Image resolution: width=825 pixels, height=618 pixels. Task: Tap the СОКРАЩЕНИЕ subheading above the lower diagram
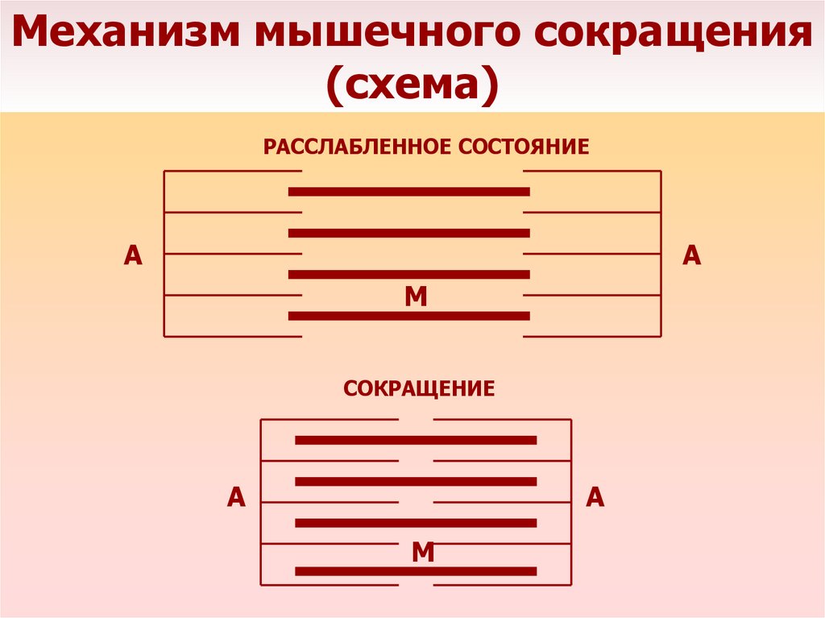[419, 389]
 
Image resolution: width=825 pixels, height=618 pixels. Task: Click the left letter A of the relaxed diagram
[133, 255]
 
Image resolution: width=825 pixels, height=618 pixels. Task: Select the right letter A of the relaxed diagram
[691, 255]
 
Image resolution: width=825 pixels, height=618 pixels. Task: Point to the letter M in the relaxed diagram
[416, 297]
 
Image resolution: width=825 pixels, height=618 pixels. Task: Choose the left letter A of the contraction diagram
[235, 497]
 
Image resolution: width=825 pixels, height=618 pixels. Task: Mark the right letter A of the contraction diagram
[595, 497]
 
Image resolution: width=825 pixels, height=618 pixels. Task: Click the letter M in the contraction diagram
[423, 552]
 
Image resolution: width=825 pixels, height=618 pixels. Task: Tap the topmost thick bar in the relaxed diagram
[409, 192]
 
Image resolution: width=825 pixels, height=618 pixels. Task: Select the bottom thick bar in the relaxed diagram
[409, 316]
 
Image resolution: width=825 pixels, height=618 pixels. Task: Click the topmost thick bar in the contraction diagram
[416, 440]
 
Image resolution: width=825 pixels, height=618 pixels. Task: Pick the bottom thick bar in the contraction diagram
[416, 571]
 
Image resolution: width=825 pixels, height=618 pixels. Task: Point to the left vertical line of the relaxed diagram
[164, 254]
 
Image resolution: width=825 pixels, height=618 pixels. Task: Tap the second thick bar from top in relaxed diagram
[409, 234]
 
